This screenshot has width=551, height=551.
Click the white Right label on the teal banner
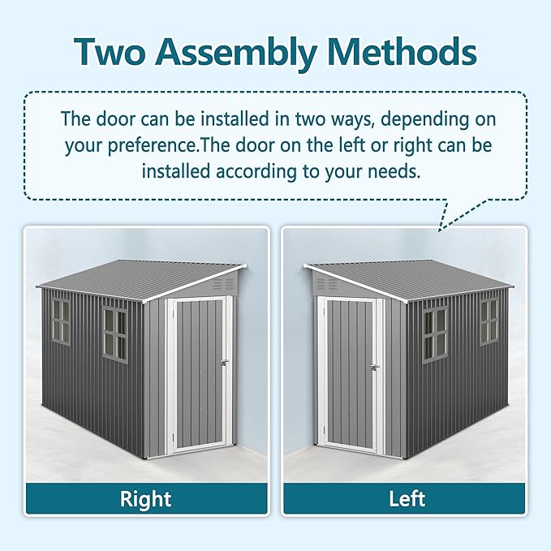146,497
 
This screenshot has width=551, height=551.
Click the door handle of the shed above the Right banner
224,363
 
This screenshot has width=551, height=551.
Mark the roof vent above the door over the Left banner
326,285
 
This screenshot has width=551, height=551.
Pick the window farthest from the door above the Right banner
60,320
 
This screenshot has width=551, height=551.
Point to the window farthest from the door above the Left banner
489,321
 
